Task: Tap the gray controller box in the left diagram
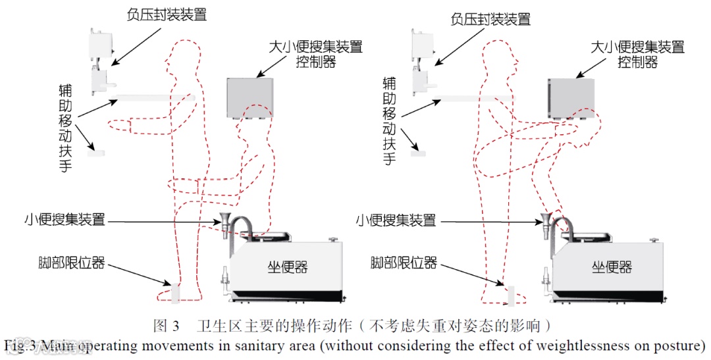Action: (x=250, y=97)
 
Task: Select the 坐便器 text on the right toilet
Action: (x=612, y=266)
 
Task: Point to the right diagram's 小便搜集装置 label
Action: (x=396, y=219)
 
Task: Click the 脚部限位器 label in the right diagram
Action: (x=404, y=263)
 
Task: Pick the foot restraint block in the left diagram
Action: (x=175, y=292)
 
